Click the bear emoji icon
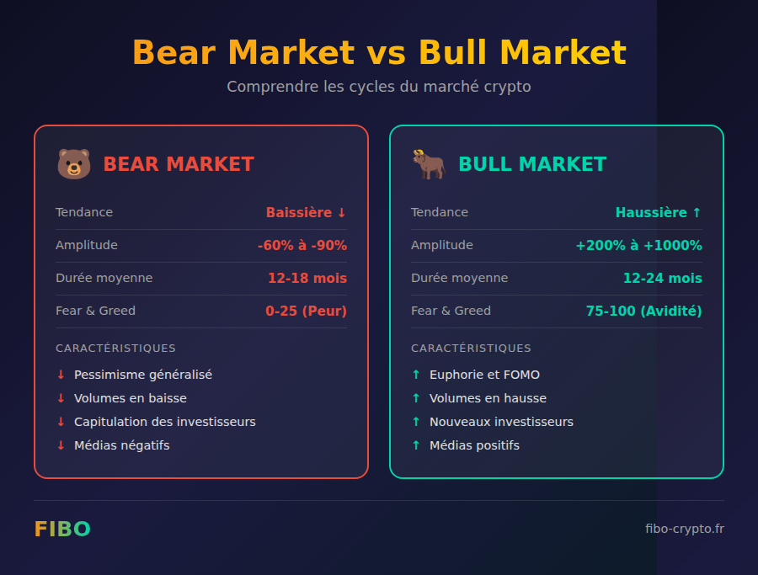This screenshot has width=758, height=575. pyautogui.click(x=73, y=164)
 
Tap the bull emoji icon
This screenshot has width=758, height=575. pyautogui.click(x=429, y=164)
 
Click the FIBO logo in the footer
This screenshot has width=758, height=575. pyautogui.click(x=62, y=529)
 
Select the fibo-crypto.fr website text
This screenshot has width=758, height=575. pyautogui.click(x=684, y=529)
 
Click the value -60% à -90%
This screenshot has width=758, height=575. pyautogui.click(x=302, y=246)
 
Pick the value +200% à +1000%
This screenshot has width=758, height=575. pyautogui.click(x=638, y=246)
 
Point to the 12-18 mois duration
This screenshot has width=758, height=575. pyautogui.click(x=307, y=279)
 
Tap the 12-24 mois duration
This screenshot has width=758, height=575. pyautogui.click(x=662, y=279)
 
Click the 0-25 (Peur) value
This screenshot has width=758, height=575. pyautogui.click(x=306, y=311)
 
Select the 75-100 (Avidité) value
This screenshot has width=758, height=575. pyautogui.click(x=643, y=311)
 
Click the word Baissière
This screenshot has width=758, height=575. pyautogui.click(x=299, y=213)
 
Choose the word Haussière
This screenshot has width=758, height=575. pyautogui.click(x=651, y=213)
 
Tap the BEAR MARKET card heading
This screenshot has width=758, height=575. pyautogui.click(x=179, y=164)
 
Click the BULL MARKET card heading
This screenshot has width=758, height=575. pyautogui.click(x=532, y=164)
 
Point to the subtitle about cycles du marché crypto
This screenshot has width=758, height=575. pyautogui.click(x=379, y=87)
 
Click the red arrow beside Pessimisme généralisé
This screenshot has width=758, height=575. pyautogui.click(x=61, y=375)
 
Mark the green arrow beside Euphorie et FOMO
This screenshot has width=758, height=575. pyautogui.click(x=416, y=375)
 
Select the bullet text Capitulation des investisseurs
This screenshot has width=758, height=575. pyautogui.click(x=165, y=422)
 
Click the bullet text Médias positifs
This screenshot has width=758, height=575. pyautogui.click(x=474, y=445)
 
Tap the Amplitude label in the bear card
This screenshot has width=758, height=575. pyautogui.click(x=87, y=246)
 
